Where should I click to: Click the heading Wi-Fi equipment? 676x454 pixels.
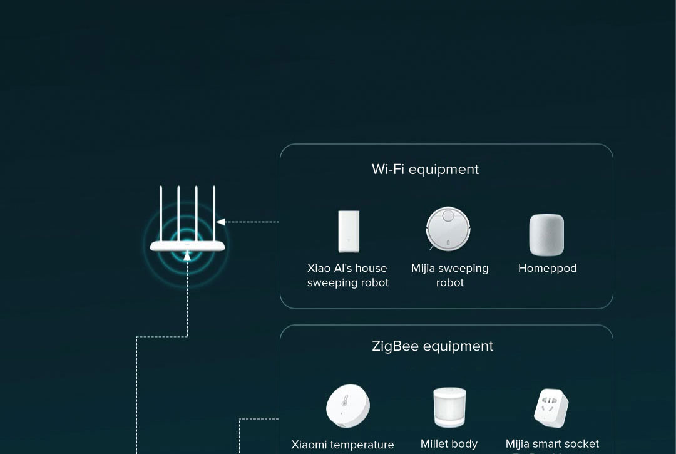[x=425, y=169]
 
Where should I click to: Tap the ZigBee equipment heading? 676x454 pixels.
[x=433, y=346]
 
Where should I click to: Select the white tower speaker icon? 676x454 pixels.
[x=348, y=232]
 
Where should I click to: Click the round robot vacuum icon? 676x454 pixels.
[x=448, y=229]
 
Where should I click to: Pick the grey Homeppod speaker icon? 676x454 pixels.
[x=546, y=235]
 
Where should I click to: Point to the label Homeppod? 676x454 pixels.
[x=547, y=268]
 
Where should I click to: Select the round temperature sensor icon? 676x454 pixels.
[x=347, y=406]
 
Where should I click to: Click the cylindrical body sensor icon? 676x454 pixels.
[x=449, y=408]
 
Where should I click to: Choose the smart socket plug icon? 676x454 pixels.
[x=551, y=408]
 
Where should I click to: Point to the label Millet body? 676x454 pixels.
[x=449, y=444]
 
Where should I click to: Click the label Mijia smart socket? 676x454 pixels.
[x=552, y=444]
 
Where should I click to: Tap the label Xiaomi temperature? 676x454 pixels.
[x=342, y=445]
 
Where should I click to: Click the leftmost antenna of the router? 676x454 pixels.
[x=161, y=213]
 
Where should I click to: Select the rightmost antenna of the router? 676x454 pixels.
[x=214, y=213]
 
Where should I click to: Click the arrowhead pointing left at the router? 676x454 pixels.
[x=221, y=222]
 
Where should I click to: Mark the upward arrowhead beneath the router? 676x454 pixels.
[x=187, y=255]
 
